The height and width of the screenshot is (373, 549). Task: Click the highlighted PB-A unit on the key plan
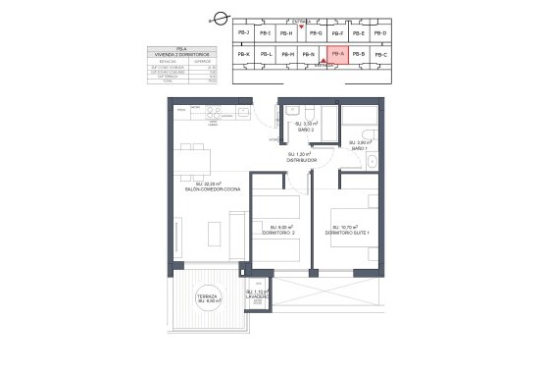335,55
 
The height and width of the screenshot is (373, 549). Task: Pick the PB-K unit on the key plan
243,54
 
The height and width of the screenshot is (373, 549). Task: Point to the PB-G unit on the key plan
315,33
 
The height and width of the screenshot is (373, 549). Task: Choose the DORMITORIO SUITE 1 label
348,232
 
